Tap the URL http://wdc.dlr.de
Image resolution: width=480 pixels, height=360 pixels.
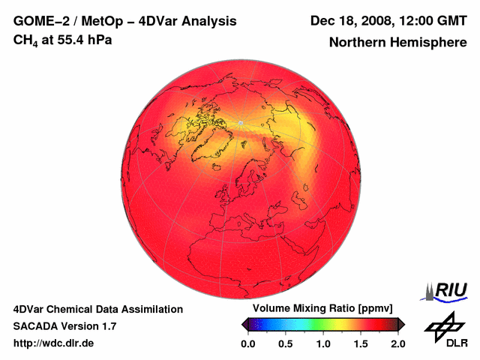[x=54, y=343]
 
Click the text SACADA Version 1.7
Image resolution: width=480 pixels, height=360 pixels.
[x=64, y=326]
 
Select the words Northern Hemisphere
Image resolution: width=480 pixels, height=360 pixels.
[x=397, y=43]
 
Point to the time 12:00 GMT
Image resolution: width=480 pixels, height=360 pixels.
[x=430, y=20]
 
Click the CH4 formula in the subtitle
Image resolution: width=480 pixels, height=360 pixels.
[x=26, y=40]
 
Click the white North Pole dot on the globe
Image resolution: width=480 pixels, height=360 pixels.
[x=240, y=122]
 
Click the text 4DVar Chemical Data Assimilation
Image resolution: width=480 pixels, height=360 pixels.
[x=98, y=309]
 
